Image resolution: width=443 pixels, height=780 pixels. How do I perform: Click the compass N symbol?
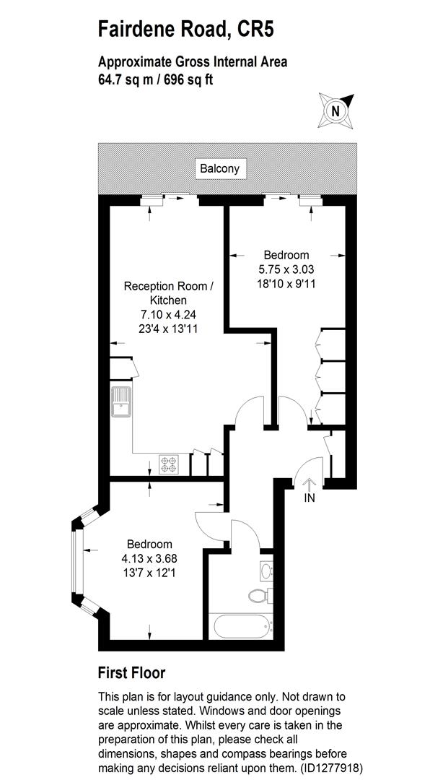pyautogui.click(x=335, y=110)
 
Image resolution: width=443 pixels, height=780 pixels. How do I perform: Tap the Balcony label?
pyautogui.click(x=223, y=170)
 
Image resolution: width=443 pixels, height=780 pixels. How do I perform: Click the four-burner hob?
pyautogui.click(x=169, y=464)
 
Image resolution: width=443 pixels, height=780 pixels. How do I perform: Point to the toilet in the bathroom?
pyautogui.click(x=258, y=596)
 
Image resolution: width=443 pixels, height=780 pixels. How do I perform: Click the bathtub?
pyautogui.click(x=240, y=623)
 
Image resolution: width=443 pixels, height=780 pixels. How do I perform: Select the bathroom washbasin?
pyautogui.click(x=265, y=571)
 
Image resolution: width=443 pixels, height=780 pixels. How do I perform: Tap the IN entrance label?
pyautogui.click(x=310, y=498)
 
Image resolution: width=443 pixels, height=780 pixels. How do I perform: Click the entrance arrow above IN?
pyautogui.click(x=310, y=484)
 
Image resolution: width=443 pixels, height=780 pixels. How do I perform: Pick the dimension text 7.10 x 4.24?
pyautogui.click(x=168, y=314)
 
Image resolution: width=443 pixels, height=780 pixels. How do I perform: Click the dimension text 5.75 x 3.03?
pyautogui.click(x=286, y=269)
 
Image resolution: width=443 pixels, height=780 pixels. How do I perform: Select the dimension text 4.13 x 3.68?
pyautogui.click(x=149, y=558)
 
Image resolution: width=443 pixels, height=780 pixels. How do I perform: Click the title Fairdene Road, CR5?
pyautogui.click(x=186, y=30)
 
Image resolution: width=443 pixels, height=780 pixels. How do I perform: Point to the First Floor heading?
pyautogui.click(x=131, y=673)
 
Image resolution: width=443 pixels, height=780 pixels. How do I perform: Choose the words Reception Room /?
pyautogui.click(x=169, y=286)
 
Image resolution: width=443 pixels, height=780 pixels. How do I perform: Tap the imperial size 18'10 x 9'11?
pyautogui.click(x=286, y=284)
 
